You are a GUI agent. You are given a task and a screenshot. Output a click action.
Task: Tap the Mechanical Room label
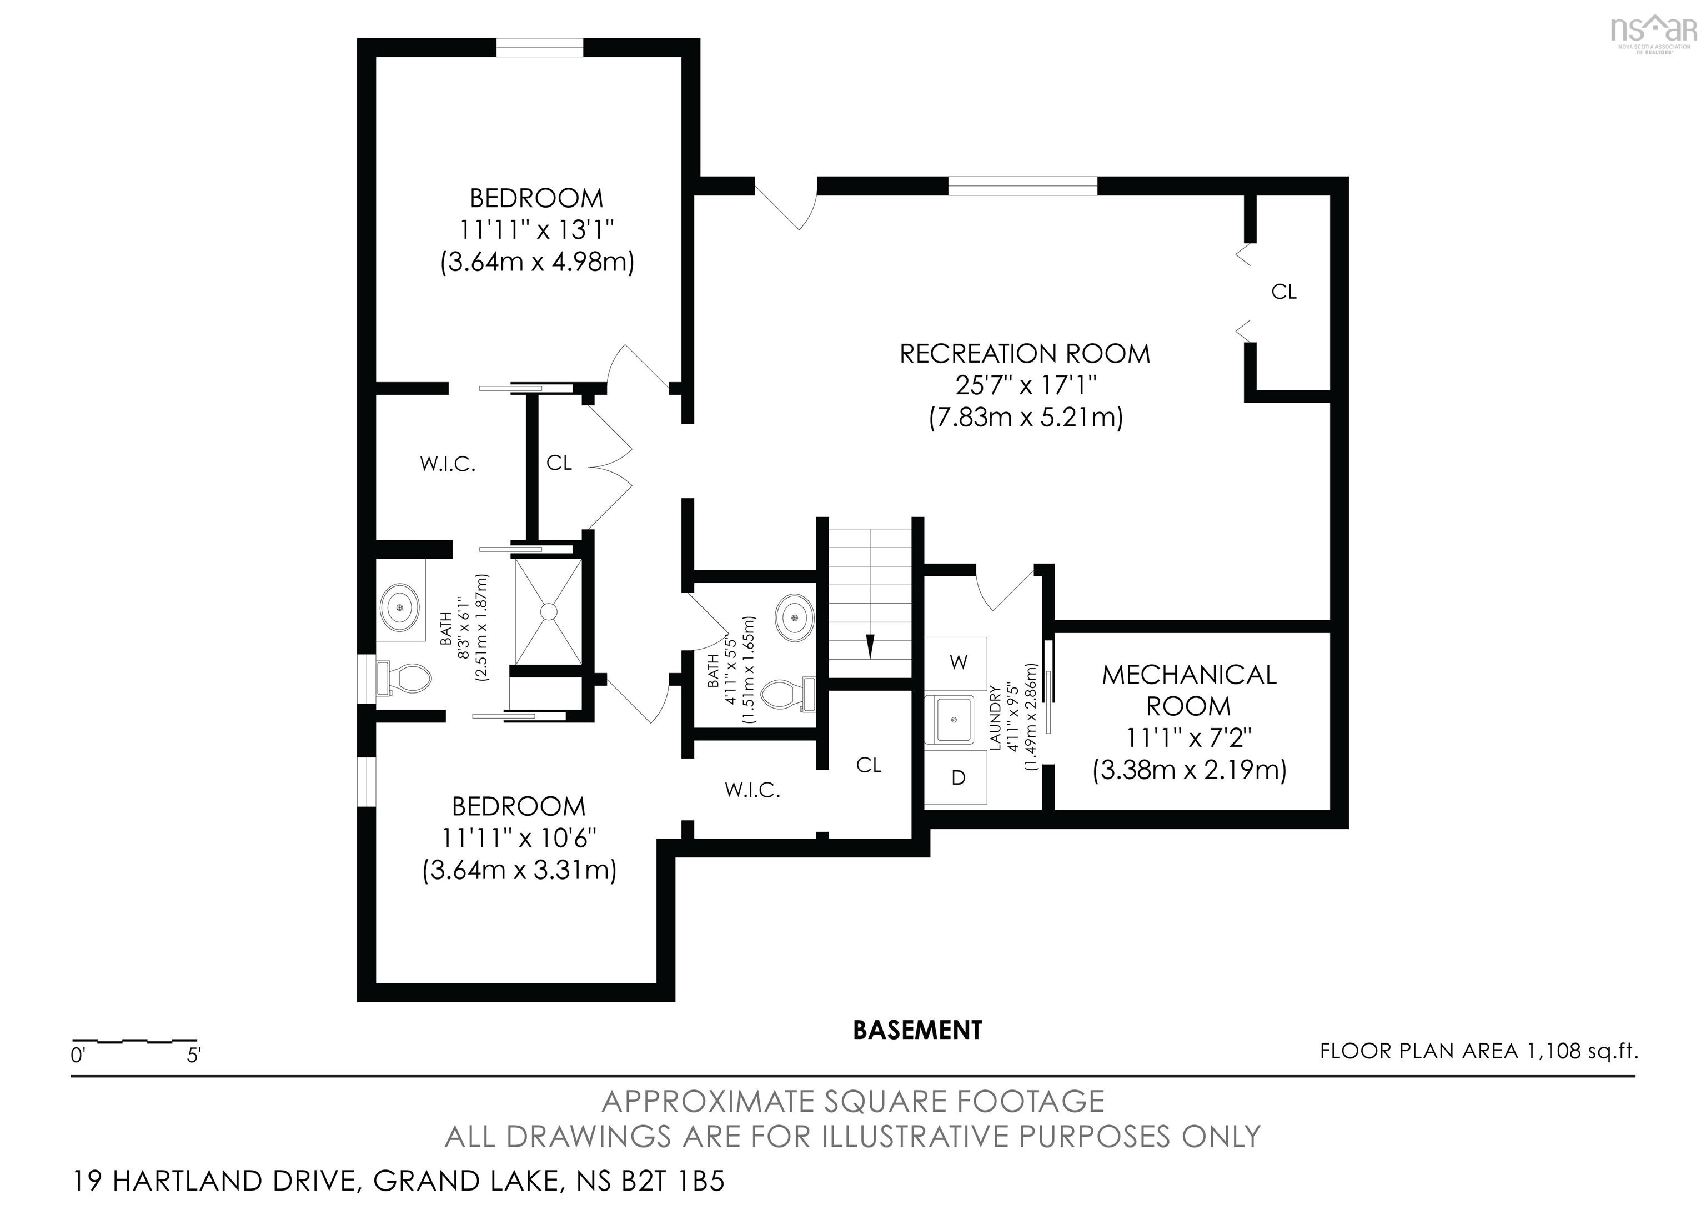tap(1189, 690)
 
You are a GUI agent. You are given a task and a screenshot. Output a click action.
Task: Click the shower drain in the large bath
tap(548, 612)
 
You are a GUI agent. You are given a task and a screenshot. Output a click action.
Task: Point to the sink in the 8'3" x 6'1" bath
tap(400, 607)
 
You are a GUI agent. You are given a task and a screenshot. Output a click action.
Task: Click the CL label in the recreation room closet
tap(1283, 292)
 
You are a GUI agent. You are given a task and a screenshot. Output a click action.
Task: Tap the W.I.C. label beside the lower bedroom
tap(752, 790)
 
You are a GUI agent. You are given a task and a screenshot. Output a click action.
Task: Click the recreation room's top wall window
tap(1022, 185)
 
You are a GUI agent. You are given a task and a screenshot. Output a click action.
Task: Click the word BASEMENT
tap(917, 1031)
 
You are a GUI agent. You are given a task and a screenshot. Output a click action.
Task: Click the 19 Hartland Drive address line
tap(398, 1181)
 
